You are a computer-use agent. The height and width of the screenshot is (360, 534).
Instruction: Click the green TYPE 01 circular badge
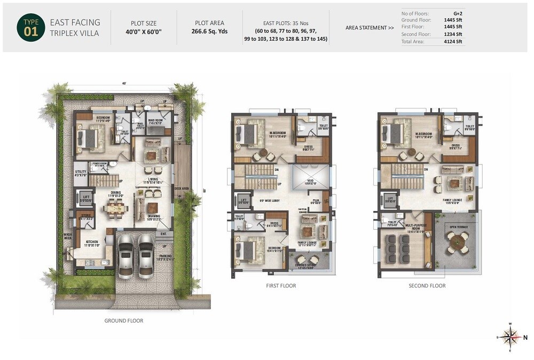28,28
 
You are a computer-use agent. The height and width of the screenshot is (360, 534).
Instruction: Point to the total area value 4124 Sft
452,41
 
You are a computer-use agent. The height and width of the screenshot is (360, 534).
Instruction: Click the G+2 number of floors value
457,13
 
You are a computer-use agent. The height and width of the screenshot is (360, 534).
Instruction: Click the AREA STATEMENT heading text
370,27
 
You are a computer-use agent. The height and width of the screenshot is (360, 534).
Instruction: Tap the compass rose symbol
511,337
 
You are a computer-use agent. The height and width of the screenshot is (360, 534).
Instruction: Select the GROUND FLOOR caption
123,320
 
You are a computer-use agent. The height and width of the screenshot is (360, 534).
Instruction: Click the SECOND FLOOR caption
427,286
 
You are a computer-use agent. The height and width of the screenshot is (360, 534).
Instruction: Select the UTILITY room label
81,172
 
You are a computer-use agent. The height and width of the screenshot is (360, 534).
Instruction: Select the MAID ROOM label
155,121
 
